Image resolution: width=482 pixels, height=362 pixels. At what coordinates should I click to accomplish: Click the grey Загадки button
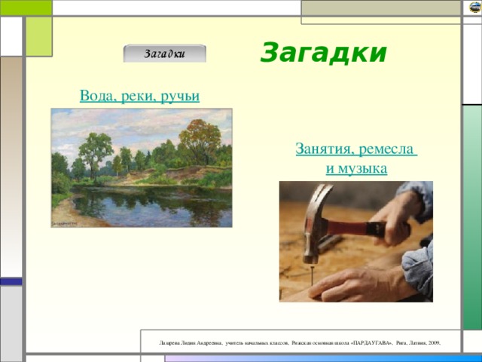164,54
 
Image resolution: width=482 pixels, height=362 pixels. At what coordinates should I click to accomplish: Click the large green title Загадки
323,54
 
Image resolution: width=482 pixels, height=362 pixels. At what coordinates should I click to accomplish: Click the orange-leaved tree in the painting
199,140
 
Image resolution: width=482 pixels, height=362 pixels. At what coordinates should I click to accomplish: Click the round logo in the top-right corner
474,8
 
